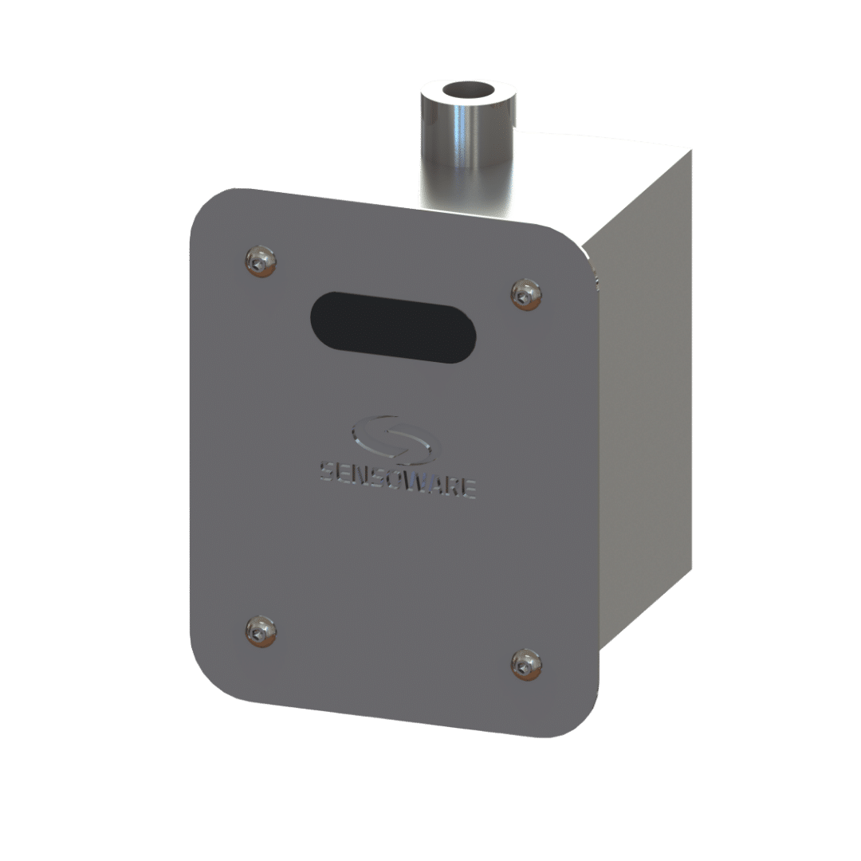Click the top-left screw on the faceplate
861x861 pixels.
point(260,261)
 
